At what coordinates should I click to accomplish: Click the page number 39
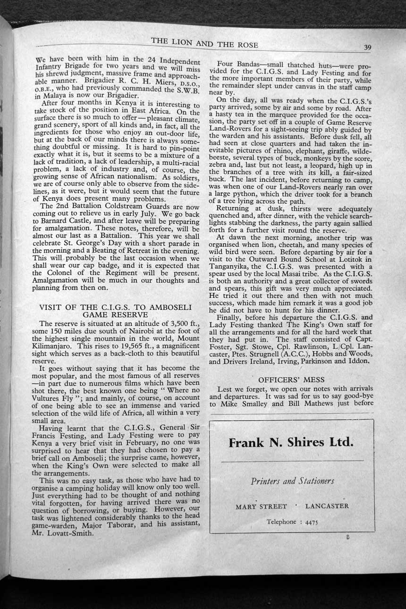coord(368,47)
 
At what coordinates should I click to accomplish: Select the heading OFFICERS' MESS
coord(291,379)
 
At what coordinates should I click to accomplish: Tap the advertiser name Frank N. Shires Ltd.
coord(291,442)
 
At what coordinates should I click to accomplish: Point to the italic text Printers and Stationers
coord(292,481)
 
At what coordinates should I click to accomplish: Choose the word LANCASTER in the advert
coord(327,506)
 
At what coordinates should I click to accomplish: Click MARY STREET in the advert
coord(261,507)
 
